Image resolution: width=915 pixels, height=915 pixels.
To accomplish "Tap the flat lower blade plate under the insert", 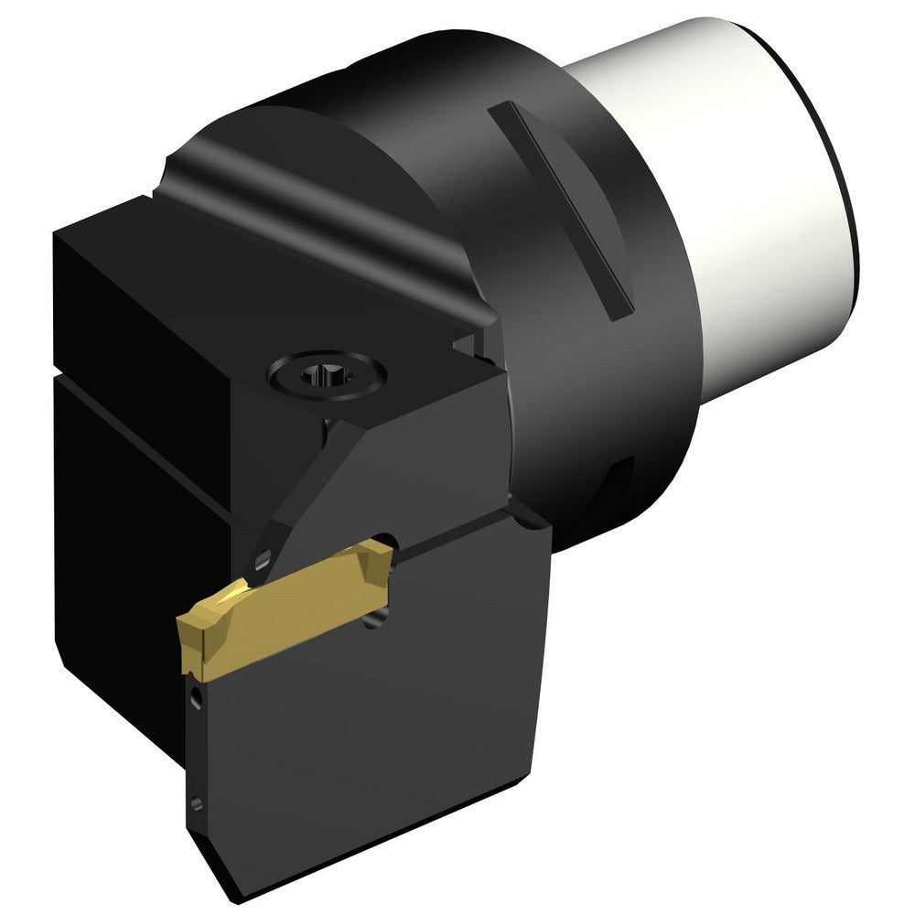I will coord(366,732).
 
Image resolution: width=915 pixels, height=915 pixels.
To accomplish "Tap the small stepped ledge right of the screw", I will coord(467,343).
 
